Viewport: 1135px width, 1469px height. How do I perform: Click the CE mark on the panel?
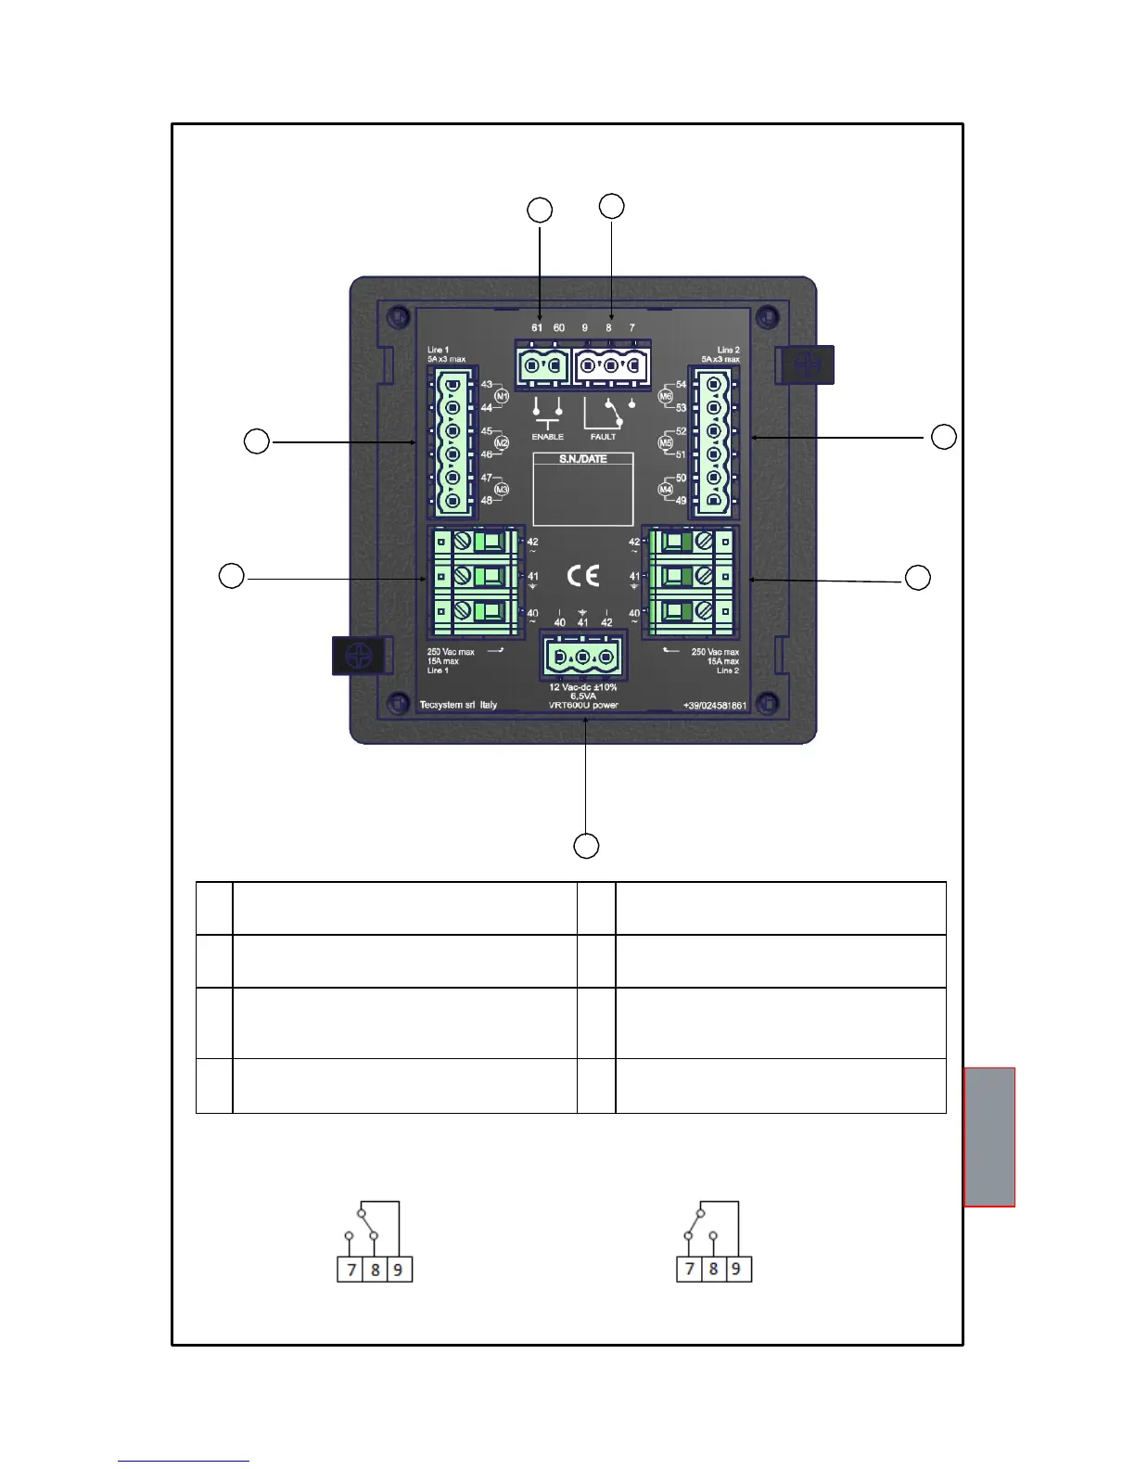coord(583,576)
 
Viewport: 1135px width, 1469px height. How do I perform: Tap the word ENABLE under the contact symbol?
coord(547,437)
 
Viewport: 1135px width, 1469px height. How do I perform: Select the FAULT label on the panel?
coord(603,437)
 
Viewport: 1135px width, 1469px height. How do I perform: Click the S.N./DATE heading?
coord(582,459)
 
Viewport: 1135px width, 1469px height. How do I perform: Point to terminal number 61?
coord(537,327)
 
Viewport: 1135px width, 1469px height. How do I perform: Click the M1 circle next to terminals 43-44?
coord(502,396)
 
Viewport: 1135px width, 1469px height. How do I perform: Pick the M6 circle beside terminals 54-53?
coord(665,396)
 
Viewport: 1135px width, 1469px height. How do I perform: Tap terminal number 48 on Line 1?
coord(486,501)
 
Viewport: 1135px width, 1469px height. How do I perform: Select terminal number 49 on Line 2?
coord(681,501)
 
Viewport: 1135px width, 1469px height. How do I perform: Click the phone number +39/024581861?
coord(715,706)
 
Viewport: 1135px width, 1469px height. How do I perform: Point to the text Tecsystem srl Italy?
coord(458,705)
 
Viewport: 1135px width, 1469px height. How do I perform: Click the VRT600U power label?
coord(583,705)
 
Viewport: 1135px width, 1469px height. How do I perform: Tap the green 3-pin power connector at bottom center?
coord(582,658)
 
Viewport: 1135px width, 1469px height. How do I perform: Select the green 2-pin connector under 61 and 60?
coord(542,367)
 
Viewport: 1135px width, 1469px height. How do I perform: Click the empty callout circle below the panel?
coord(586,846)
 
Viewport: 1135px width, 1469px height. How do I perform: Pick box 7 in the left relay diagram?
coord(351,1269)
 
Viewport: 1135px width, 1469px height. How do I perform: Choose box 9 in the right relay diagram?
coord(737,1269)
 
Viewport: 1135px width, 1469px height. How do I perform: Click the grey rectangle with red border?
coord(989,1137)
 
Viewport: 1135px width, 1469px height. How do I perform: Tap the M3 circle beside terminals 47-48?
coord(502,490)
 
